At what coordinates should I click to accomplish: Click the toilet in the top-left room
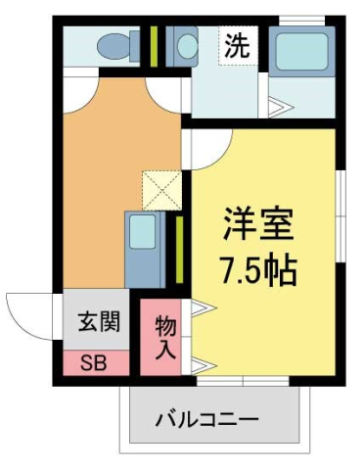pos(114,44)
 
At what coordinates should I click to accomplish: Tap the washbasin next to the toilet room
pos(183,44)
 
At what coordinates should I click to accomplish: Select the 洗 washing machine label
pos(237,44)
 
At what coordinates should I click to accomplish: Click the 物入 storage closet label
pos(165,336)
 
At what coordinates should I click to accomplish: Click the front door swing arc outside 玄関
pos(27,315)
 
